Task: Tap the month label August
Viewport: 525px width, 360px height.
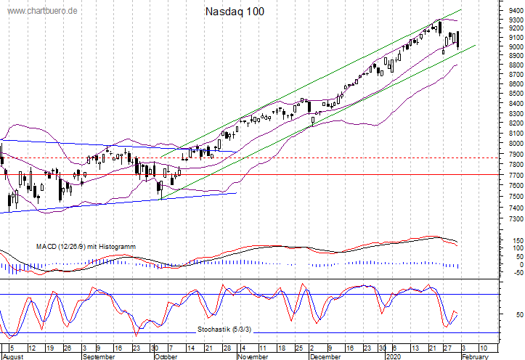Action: (13, 356)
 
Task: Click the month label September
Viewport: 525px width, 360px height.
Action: (99, 356)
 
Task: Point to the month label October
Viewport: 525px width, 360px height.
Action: (166, 356)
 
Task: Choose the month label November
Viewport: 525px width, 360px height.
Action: (253, 356)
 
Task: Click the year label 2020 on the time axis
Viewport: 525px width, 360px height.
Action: (393, 356)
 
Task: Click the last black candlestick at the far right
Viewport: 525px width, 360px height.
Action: (457, 39)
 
